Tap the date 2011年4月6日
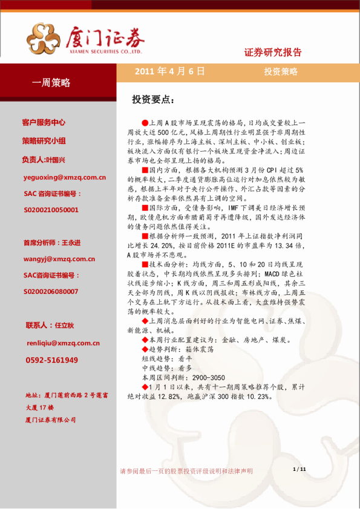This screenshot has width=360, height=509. pos(169,71)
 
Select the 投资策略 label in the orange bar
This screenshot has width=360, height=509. pos(281,71)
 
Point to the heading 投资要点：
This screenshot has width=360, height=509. pos(154,99)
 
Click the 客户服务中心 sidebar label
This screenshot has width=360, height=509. pos(44,122)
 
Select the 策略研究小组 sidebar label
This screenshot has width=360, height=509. pos(44,141)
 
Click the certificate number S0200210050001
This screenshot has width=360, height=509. pos(51,210)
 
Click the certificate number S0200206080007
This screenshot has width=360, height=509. pos(51,291)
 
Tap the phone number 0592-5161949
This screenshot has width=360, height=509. pos(51,360)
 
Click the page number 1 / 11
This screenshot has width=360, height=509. pos(299,469)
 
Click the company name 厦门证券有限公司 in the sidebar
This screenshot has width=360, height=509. pos(51,420)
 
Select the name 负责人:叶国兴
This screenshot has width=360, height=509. pos(43,160)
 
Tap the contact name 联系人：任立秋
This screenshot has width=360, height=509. pos(50,325)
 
